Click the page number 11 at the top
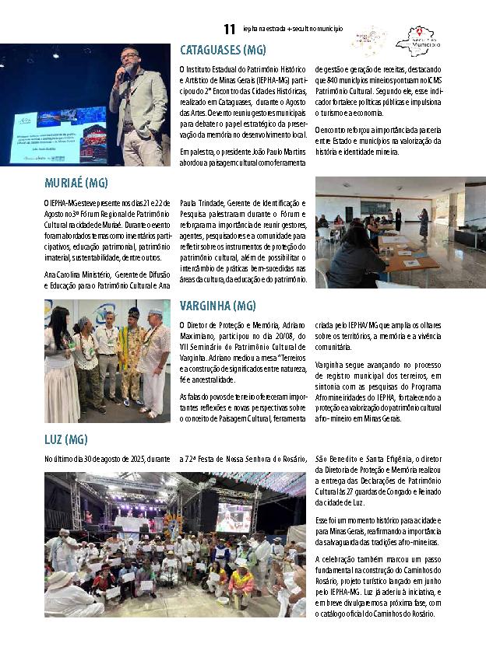tap(229, 30)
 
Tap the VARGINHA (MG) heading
tap(217, 306)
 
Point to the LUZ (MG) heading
tap(65, 440)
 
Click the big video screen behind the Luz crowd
tap(233, 516)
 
